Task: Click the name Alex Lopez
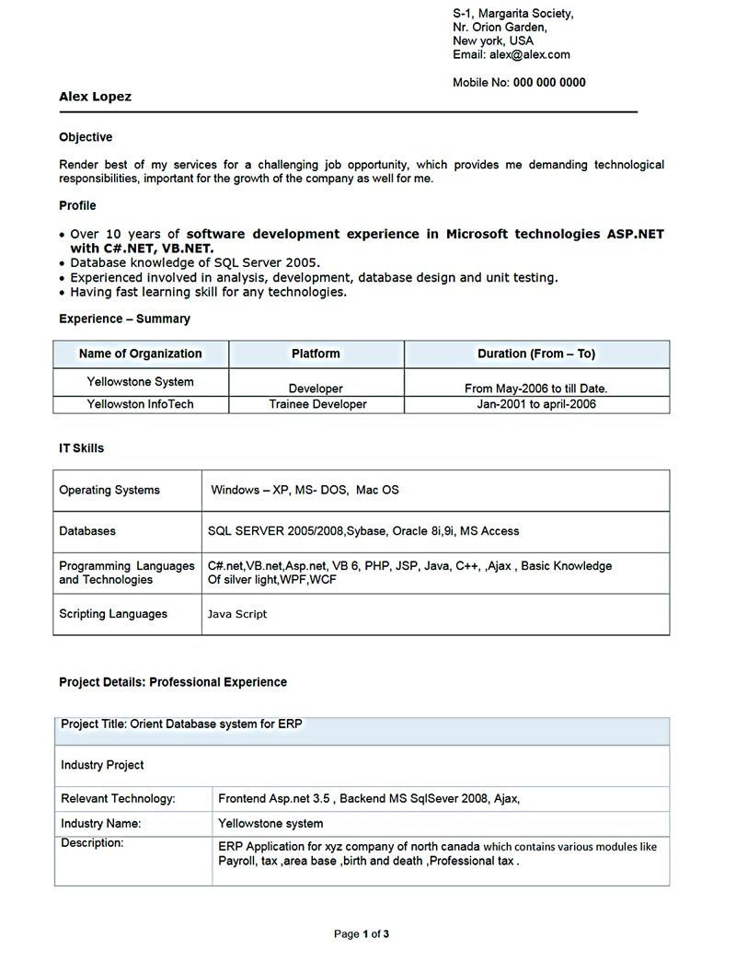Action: [95, 97]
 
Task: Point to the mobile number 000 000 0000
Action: [549, 83]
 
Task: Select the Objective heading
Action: [86, 137]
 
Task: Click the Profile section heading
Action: [77, 205]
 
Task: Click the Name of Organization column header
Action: [140, 353]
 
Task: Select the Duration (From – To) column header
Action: [535, 353]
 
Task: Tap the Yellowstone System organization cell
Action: [140, 381]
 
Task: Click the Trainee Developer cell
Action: [317, 404]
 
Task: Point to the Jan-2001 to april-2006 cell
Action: [535, 404]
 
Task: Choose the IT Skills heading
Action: [81, 448]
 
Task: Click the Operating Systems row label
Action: [109, 491]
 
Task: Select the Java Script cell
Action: [237, 614]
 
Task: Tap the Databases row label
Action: [87, 531]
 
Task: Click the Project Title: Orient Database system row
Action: [181, 724]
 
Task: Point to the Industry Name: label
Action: [100, 824]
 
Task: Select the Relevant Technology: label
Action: [118, 799]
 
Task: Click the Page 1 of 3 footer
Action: [362, 934]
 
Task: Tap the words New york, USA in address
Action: [492, 41]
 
